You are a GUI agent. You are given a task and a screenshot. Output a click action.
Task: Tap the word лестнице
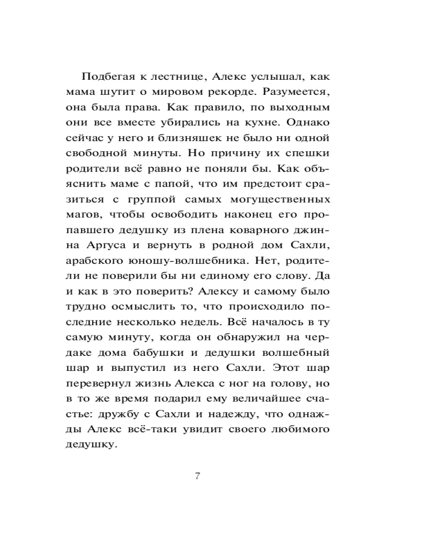pyautogui.click(x=168, y=76)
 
